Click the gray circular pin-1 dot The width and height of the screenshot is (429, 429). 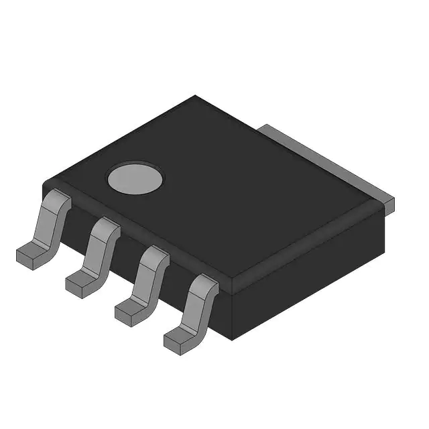[135, 178]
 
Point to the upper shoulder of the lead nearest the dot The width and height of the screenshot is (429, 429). [59, 200]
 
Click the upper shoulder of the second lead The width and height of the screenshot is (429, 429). [106, 227]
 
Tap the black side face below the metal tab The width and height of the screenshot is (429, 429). [315, 268]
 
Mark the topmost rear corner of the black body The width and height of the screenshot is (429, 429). [195, 96]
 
